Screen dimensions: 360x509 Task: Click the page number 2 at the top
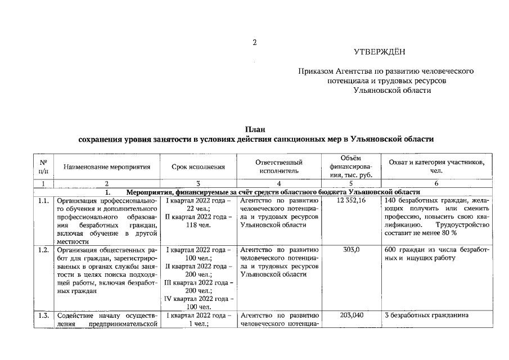coord(254,43)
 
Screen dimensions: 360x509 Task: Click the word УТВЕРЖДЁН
coord(380,52)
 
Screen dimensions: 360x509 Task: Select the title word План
coord(255,130)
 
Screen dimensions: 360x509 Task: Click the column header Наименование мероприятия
coord(107,167)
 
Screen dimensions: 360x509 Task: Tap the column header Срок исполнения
coord(199,167)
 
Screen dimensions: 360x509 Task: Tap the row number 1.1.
coord(43,200)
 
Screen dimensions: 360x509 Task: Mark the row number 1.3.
coord(43,316)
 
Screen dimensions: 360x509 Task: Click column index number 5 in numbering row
coord(352,183)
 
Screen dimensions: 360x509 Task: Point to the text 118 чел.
coord(199,225)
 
